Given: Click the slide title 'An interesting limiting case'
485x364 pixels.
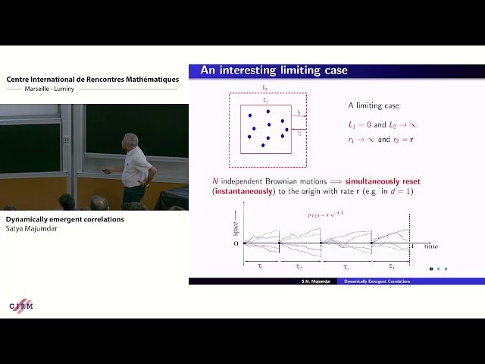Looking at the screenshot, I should [274, 71].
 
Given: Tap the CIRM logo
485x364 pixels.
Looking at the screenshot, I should [20, 306].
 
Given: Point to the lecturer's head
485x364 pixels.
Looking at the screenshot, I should [131, 141].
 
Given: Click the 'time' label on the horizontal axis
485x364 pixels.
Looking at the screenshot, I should [430, 246].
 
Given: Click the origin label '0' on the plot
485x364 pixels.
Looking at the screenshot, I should [236, 243].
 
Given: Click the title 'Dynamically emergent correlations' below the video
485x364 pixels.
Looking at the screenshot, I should [59, 219].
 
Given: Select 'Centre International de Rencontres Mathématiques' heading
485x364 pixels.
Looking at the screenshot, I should [92, 80].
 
